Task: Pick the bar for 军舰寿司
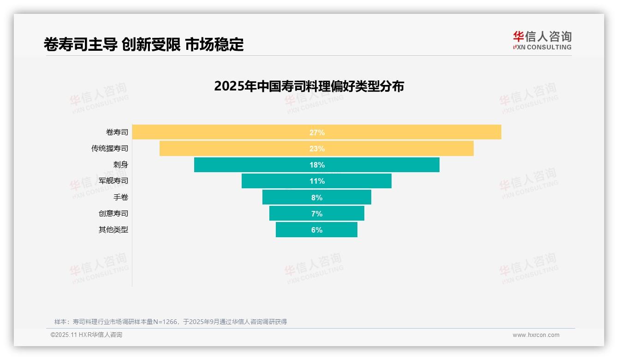[277, 181]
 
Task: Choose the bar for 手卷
[286, 197]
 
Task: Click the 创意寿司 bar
[291, 213]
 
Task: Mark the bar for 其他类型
[295, 230]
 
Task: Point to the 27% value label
[317, 132]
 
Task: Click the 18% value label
[317, 165]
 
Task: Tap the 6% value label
[317, 230]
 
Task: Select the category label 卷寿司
[117, 132]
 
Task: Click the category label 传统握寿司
[110, 149]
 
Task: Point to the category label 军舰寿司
[113, 181]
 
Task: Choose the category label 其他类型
[113, 230]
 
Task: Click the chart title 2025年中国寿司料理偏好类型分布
[309, 86]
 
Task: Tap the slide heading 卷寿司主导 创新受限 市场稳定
[143, 44]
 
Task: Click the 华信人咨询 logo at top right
[542, 41]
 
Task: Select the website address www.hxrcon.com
[536, 335]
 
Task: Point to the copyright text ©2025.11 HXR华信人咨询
[86, 335]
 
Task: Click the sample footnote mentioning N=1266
[171, 322]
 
